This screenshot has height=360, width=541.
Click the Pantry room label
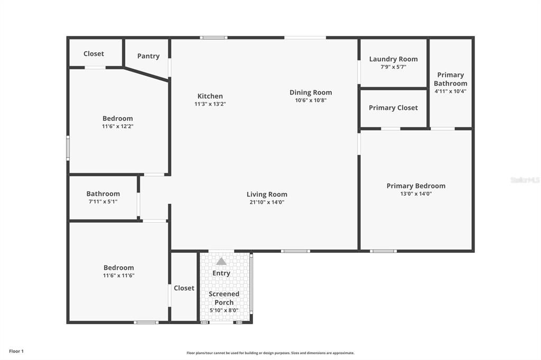pyautogui.click(x=148, y=56)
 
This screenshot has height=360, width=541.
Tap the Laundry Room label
pyautogui.click(x=393, y=59)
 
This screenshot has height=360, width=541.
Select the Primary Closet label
pyautogui.click(x=393, y=108)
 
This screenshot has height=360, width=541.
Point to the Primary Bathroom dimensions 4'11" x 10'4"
pyautogui.click(x=451, y=91)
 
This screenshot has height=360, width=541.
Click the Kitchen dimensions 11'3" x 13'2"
pyautogui.click(x=210, y=104)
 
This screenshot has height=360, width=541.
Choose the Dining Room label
pyautogui.click(x=311, y=92)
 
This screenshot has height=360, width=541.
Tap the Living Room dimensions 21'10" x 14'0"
pyautogui.click(x=267, y=202)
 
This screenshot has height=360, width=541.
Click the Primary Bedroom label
pyautogui.click(x=416, y=186)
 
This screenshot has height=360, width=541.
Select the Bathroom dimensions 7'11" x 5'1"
pyautogui.click(x=103, y=202)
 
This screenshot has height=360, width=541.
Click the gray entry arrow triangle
pyautogui.click(x=221, y=261)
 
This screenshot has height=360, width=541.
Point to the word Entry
pyautogui.click(x=221, y=273)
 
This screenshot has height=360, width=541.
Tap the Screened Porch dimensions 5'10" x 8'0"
pyautogui.click(x=224, y=310)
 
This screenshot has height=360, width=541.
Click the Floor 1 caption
pyautogui.click(x=16, y=351)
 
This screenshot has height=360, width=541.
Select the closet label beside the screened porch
pyautogui.click(x=184, y=288)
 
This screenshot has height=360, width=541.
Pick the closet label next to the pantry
pyautogui.click(x=94, y=53)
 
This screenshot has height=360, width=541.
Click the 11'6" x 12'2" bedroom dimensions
pyautogui.click(x=118, y=127)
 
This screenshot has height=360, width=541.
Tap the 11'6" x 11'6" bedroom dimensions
pyautogui.click(x=119, y=276)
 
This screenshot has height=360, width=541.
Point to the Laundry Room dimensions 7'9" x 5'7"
pyautogui.click(x=393, y=67)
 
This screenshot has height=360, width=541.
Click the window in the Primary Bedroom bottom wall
pyautogui.click(x=383, y=251)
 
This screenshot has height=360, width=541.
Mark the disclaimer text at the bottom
pyautogui.click(x=270, y=353)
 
